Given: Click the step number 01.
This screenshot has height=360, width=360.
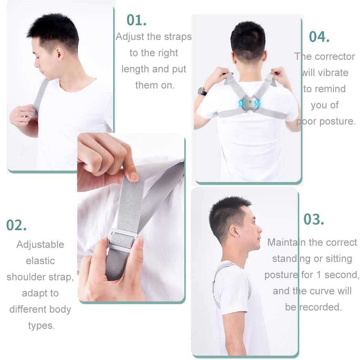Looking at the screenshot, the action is (x=136, y=20).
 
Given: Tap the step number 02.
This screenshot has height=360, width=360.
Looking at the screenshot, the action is (x=16, y=225).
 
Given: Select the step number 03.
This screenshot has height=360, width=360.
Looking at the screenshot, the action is (x=314, y=219).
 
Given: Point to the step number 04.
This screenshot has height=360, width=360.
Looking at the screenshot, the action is (x=319, y=37).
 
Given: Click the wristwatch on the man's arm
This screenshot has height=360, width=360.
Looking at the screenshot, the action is (x=202, y=91).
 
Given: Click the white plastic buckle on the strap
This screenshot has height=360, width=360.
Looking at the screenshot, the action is (x=122, y=240).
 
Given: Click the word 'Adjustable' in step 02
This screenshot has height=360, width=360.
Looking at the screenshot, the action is (x=40, y=245).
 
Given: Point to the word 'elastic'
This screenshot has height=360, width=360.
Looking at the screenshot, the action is (x=40, y=261).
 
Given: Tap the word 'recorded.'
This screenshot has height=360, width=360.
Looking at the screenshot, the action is (x=321, y=307).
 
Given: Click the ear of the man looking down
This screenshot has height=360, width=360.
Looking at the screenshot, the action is (x=59, y=54).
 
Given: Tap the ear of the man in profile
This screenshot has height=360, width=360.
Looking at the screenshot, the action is (x=234, y=232).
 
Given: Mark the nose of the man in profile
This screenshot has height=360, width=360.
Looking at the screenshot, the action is (x=259, y=229).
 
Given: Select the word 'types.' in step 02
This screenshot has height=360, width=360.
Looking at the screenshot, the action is (x=41, y=325).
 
